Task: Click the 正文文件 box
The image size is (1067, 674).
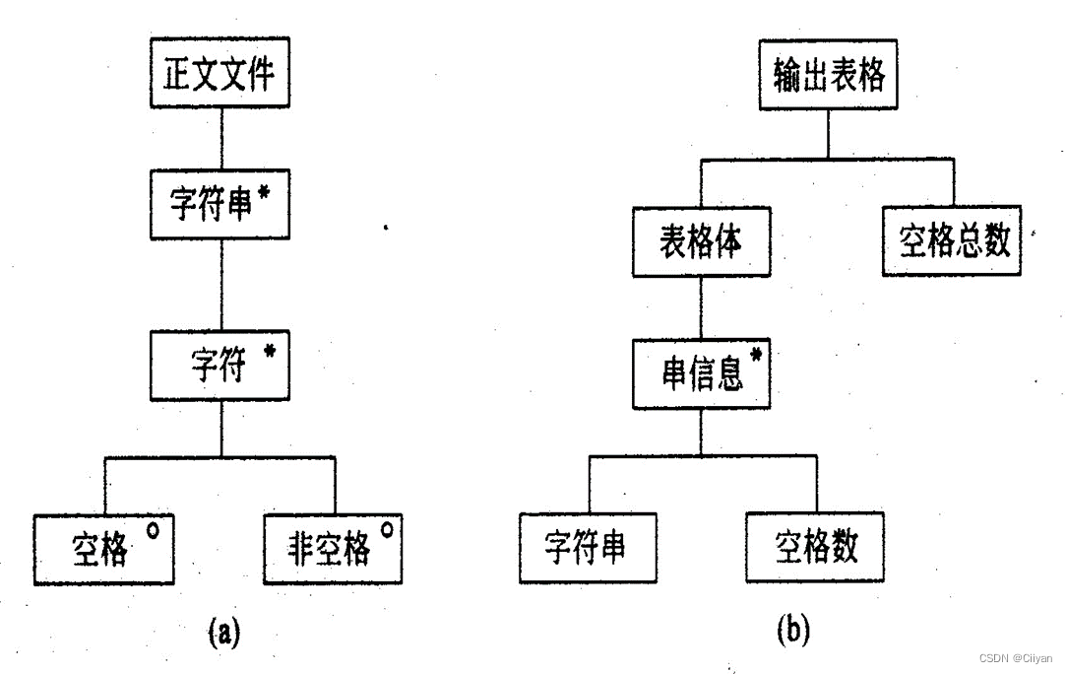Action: (220, 75)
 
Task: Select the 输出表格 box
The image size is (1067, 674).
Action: (828, 75)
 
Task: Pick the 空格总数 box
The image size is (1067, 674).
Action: (952, 240)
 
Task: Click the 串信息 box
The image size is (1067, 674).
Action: (700, 374)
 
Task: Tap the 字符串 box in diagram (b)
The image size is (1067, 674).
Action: (588, 547)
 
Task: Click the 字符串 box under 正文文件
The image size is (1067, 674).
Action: (220, 204)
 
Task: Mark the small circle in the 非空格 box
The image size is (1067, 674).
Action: (387, 530)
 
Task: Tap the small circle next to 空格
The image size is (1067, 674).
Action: (153, 530)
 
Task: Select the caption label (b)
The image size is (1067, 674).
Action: (793, 628)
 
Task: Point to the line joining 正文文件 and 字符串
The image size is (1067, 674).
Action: (220, 138)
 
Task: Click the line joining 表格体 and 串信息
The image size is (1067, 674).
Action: (700, 308)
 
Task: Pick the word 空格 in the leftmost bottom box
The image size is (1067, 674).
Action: (99, 550)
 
